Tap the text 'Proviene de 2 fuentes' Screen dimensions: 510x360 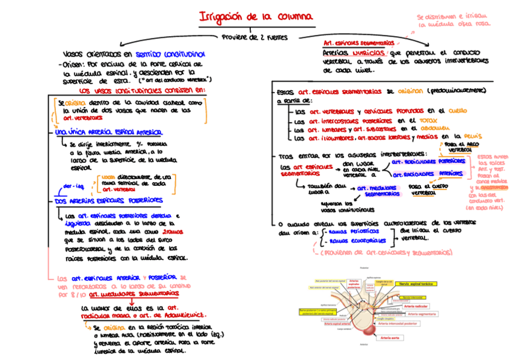coord(254,37)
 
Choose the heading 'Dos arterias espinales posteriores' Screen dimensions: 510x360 coord(105,201)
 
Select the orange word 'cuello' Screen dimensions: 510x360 coord(458,111)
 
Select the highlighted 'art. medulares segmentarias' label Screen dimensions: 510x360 coord(382,191)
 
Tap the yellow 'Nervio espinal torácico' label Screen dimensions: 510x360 coord(417,284)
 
